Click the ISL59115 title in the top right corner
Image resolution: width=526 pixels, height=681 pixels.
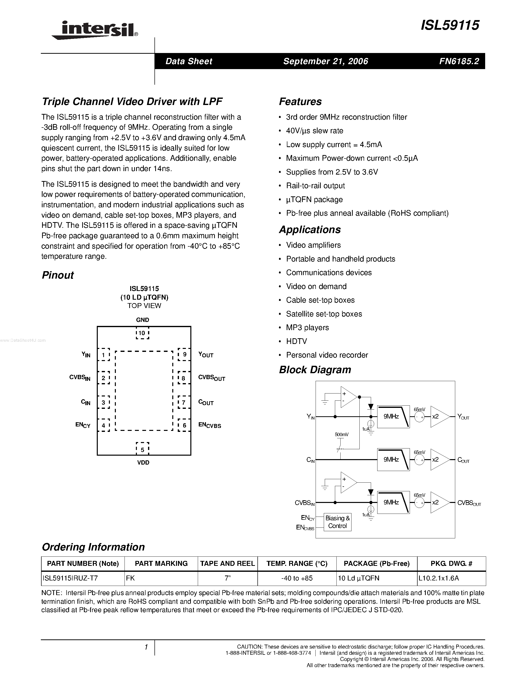[450, 25]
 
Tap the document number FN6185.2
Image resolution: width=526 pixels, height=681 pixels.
[459, 61]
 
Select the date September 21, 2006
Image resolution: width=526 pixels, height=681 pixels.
[326, 61]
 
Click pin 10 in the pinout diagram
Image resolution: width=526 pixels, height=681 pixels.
[142, 333]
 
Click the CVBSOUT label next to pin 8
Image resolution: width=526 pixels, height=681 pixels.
[212, 378]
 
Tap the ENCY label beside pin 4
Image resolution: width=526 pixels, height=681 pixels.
[83, 425]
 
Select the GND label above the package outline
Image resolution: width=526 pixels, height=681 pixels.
[142, 320]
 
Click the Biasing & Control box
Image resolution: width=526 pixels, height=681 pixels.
[337, 522]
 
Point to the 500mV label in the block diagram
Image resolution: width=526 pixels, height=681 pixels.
[342, 434]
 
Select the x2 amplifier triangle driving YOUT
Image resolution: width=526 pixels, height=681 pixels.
[439, 417]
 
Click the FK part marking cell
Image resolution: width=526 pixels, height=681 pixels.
[161, 578]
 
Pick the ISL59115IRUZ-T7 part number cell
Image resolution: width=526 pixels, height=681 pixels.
[83, 578]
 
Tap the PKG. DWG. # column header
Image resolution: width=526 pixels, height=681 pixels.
[451, 563]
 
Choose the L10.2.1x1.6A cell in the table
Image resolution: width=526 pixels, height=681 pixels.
[451, 578]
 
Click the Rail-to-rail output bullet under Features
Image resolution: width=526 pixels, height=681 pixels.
[315, 186]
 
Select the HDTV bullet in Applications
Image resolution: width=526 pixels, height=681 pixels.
[296, 341]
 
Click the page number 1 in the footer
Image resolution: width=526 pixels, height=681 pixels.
[146, 647]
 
